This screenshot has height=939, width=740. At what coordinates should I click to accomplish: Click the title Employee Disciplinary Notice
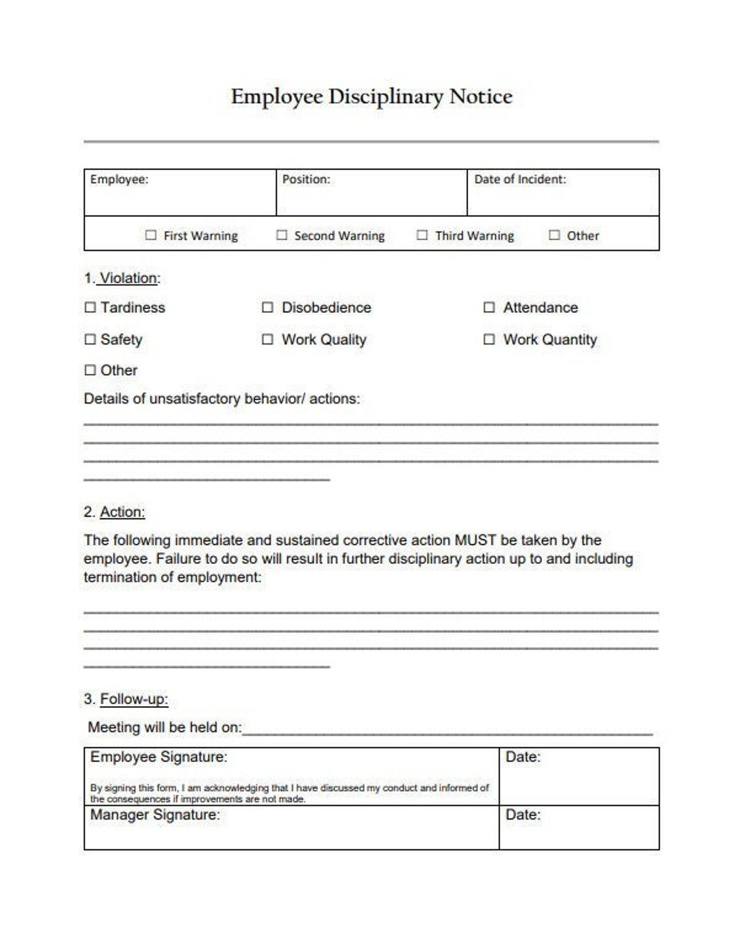[x=371, y=97]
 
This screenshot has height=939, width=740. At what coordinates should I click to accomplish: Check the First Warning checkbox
[x=151, y=235]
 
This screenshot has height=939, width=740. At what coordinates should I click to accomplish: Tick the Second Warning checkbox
[x=282, y=235]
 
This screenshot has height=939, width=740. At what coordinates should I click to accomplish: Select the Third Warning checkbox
[x=422, y=235]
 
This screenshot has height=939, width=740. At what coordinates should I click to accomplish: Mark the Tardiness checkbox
[x=90, y=308]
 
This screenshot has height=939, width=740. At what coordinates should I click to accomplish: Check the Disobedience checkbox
[x=267, y=308]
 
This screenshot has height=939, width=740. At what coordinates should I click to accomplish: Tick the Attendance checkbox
[x=489, y=308]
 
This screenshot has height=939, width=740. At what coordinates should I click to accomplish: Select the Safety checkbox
[x=90, y=339]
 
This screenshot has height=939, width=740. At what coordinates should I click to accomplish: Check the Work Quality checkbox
[x=267, y=339]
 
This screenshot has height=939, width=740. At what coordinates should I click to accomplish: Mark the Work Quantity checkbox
[x=489, y=339]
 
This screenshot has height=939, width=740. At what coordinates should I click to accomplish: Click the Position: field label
[x=306, y=180]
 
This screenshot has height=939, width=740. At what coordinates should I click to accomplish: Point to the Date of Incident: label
[x=520, y=180]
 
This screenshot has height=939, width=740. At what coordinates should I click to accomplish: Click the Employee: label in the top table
[x=119, y=180]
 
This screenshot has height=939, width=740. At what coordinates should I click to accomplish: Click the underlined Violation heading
[x=129, y=278]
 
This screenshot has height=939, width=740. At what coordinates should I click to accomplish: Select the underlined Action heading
[x=122, y=512]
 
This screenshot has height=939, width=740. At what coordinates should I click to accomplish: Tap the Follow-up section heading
[x=134, y=699]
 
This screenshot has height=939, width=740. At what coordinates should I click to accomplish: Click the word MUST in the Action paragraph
[x=475, y=540]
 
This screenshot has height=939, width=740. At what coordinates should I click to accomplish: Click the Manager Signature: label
[x=154, y=815]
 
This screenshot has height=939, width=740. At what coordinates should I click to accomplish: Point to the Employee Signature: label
[x=158, y=757]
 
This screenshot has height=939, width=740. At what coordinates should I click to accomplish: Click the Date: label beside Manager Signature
[x=523, y=815]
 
